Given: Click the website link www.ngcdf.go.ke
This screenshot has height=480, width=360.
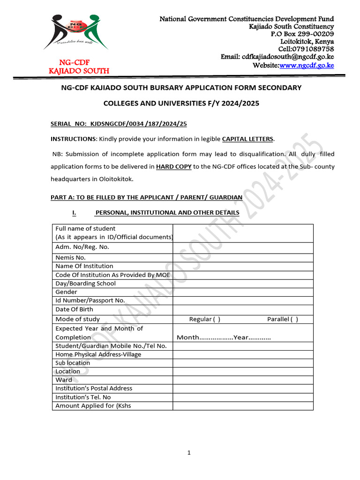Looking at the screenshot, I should [x=307, y=65].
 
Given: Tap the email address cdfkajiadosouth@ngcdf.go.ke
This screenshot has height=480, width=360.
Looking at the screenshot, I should [x=287, y=57].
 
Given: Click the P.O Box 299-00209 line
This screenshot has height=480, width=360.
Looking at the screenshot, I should [x=302, y=34].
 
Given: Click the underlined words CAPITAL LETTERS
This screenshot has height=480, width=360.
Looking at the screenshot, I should [x=247, y=139].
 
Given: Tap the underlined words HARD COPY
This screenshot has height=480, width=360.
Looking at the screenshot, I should [x=174, y=166].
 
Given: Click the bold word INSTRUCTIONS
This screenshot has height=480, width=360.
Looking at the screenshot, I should [x=73, y=139].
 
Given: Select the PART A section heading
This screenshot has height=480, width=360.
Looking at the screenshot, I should [x=146, y=197].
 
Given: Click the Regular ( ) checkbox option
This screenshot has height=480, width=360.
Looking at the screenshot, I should [x=204, y=319].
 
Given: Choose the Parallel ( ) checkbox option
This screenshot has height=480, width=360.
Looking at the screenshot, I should [x=282, y=319].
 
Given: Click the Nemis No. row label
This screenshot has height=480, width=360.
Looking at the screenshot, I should [x=70, y=257].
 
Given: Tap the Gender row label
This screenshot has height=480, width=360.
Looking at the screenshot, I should [x=66, y=292].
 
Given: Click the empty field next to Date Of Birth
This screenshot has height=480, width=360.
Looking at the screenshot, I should [x=243, y=309].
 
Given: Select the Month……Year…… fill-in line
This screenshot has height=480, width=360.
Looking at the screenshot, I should [x=224, y=337].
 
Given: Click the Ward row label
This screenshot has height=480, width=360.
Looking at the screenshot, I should [x=64, y=380].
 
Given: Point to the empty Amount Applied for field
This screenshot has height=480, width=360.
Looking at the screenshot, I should [x=243, y=405].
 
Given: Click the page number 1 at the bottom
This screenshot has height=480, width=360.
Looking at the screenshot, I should [x=188, y=453].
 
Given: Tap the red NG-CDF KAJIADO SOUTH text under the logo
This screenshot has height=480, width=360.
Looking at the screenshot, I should [x=79, y=67].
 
